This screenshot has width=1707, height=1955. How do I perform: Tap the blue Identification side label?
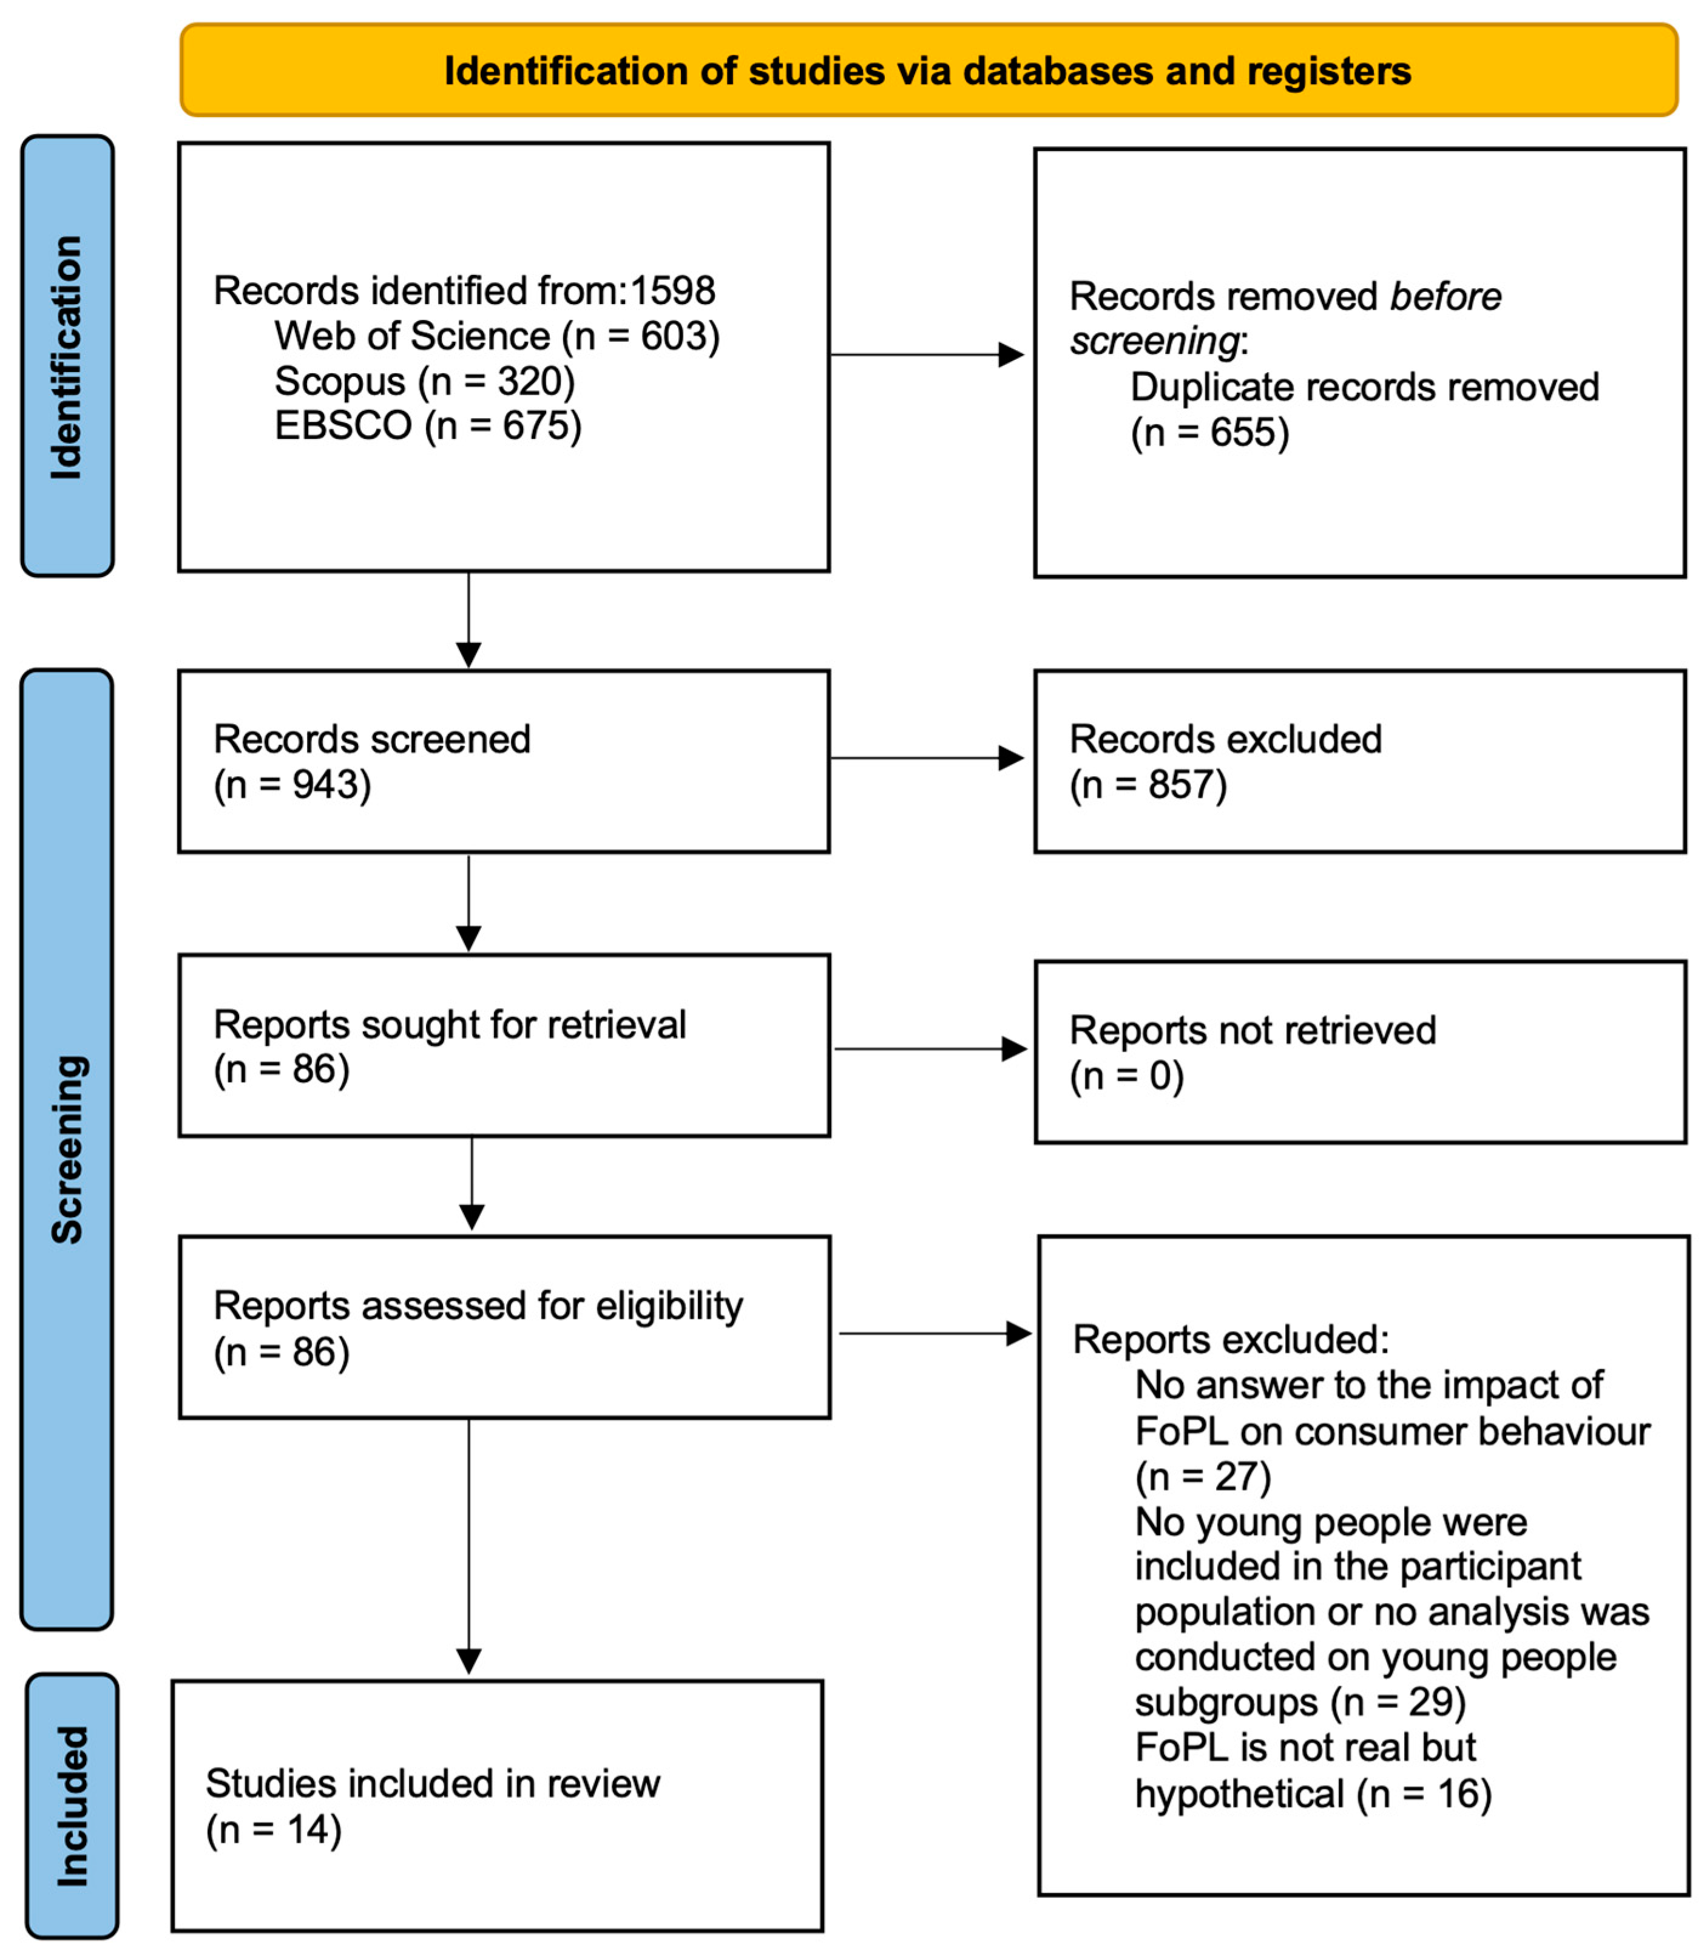67,355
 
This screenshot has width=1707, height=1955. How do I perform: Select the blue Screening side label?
67,1148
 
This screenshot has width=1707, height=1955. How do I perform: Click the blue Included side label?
72,1806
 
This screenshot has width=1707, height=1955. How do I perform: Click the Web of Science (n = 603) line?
496,336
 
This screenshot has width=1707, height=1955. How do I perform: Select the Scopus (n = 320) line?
425,381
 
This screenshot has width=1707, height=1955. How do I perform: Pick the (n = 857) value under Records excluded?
1148,785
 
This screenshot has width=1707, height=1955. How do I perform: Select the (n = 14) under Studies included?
274,1830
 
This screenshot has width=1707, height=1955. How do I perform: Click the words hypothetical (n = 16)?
1312,1795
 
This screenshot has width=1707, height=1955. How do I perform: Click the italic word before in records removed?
1445,296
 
